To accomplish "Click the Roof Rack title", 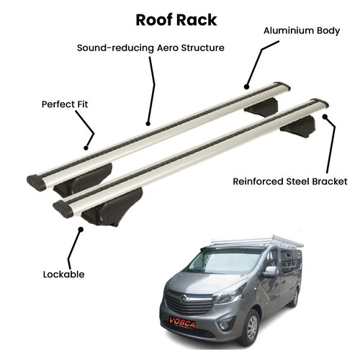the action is pyautogui.click(x=176, y=20).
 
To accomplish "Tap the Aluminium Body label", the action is pyautogui.click(x=302, y=31).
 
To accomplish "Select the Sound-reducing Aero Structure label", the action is pyautogui.click(x=150, y=48).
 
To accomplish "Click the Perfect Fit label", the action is pyautogui.click(x=65, y=104).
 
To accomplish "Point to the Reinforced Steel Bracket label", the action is pyautogui.click(x=290, y=181).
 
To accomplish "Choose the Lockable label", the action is pyautogui.click(x=63, y=274).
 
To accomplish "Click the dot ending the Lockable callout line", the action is pyautogui.click(x=81, y=230).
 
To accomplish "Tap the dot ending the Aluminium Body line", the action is pyautogui.click(x=246, y=86).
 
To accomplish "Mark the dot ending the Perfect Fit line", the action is pyautogui.click(x=86, y=148).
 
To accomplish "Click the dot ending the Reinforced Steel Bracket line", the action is pyautogui.click(x=325, y=117).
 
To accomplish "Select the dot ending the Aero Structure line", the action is pyautogui.click(x=148, y=124).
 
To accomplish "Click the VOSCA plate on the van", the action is pyautogui.click(x=182, y=322).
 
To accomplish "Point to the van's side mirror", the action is pyautogui.click(x=270, y=272).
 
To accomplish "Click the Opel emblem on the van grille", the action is pyautogui.click(x=184, y=299).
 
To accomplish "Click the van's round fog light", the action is pyautogui.click(x=224, y=325).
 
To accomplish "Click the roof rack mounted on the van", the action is pyautogui.click(x=254, y=241).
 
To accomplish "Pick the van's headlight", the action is pyautogui.click(x=229, y=297).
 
